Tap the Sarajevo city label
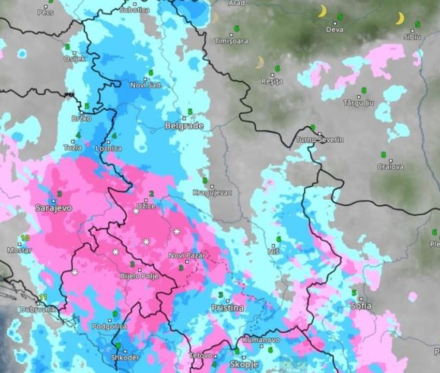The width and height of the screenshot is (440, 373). coord(53,208)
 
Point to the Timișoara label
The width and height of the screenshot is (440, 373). coord(232,41)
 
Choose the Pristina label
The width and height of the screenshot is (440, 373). coord(227,308)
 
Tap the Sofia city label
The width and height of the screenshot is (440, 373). coord(361,306)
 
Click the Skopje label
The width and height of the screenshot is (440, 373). coord(244,365)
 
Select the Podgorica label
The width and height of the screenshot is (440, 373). coord(109,326)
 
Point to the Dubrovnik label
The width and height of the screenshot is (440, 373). coord(37,310)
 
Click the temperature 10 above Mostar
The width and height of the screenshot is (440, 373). coord(24,238)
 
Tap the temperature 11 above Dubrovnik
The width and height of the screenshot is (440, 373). coord(43,297)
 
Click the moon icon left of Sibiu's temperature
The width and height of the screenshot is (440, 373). coord(400,19)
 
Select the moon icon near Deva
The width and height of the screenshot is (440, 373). coord(322,11)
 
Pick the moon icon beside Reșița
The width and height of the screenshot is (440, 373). coord(260,63)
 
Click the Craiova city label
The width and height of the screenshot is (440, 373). coord(390,167)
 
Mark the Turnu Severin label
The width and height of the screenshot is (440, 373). coord(319,140)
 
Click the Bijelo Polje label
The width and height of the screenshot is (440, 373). coord(140,276)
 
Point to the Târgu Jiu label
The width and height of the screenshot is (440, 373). coord(358,103)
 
